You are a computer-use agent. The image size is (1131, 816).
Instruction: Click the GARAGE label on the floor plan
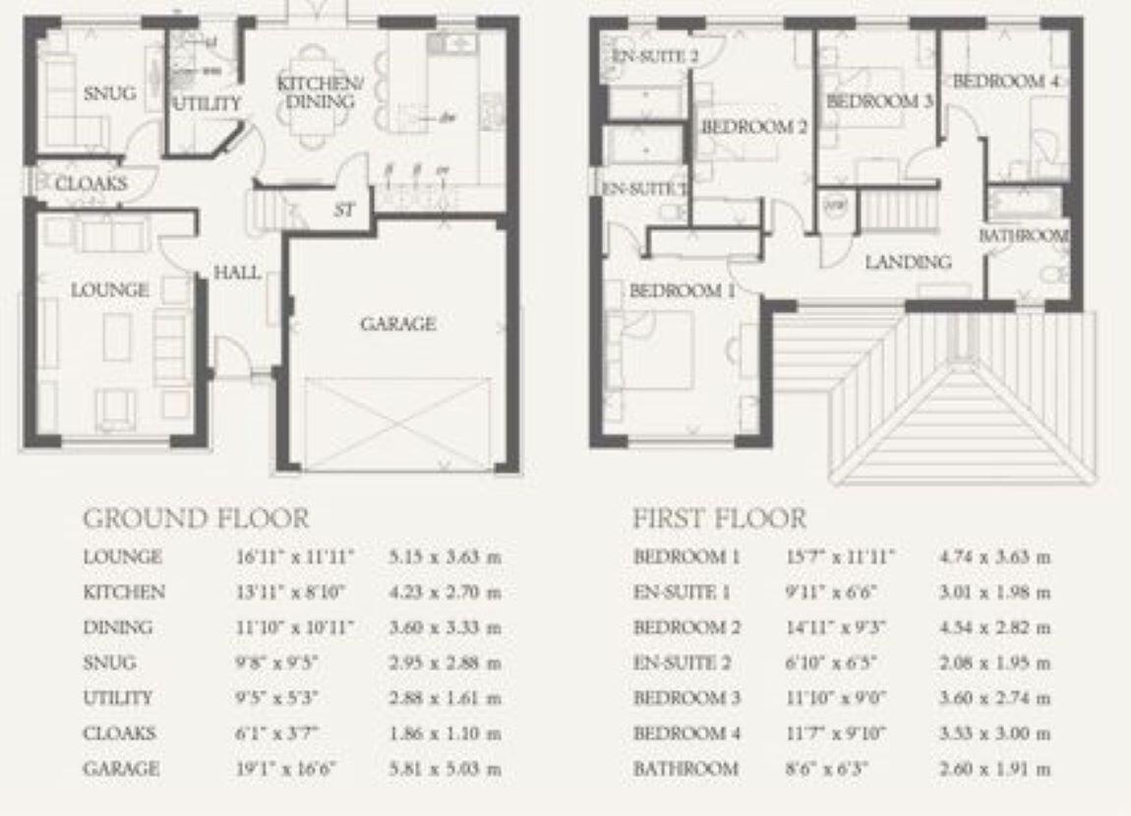tap(397, 324)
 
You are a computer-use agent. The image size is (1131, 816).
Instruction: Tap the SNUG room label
tap(108, 94)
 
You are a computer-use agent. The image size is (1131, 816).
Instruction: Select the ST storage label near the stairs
tap(343, 211)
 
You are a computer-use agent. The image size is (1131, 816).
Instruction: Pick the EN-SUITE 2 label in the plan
tap(655, 57)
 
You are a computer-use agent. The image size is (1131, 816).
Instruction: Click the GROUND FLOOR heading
tap(195, 518)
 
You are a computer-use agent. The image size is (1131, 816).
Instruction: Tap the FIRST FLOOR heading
tap(718, 518)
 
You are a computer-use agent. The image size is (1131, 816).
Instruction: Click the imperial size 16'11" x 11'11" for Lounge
tap(290, 557)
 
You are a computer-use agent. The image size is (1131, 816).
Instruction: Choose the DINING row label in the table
tap(117, 628)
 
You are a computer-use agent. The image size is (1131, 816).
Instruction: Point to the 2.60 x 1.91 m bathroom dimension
tap(994, 769)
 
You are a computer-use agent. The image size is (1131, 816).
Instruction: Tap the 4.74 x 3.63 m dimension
tap(994, 557)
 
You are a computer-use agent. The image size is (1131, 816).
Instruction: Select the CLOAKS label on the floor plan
tap(90, 184)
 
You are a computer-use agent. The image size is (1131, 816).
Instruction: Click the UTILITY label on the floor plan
tap(208, 103)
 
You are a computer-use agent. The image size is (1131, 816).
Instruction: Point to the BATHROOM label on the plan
tap(1023, 236)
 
